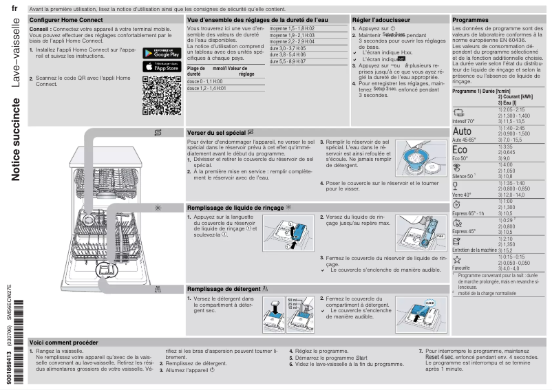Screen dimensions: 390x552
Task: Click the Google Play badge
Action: (x=162, y=53)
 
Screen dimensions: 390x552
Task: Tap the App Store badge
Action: (x=162, y=67)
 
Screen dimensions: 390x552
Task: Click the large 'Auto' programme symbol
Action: (x=463, y=131)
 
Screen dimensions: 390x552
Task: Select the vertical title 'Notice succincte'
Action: (x=16, y=144)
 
